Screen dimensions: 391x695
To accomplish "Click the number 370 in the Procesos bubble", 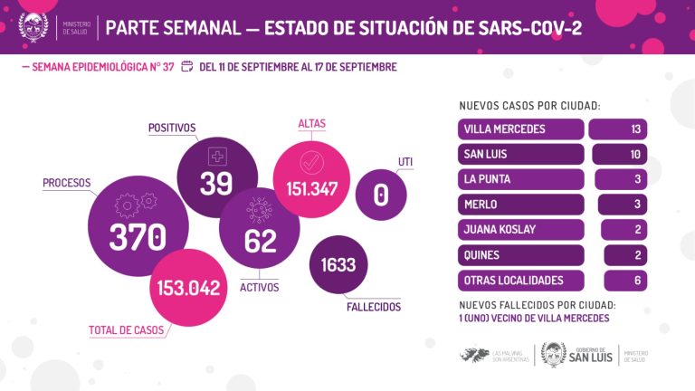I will coord(138,237).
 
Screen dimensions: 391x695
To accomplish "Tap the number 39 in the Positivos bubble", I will coord(216,185).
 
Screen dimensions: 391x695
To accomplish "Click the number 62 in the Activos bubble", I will coord(259,242).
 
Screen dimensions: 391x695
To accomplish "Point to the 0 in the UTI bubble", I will coord(381,195).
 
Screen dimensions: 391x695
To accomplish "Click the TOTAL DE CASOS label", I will coord(126,330).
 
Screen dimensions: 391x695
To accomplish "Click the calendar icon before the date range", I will coord(186,66).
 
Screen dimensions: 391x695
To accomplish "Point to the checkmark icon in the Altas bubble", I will coord(311,162).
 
